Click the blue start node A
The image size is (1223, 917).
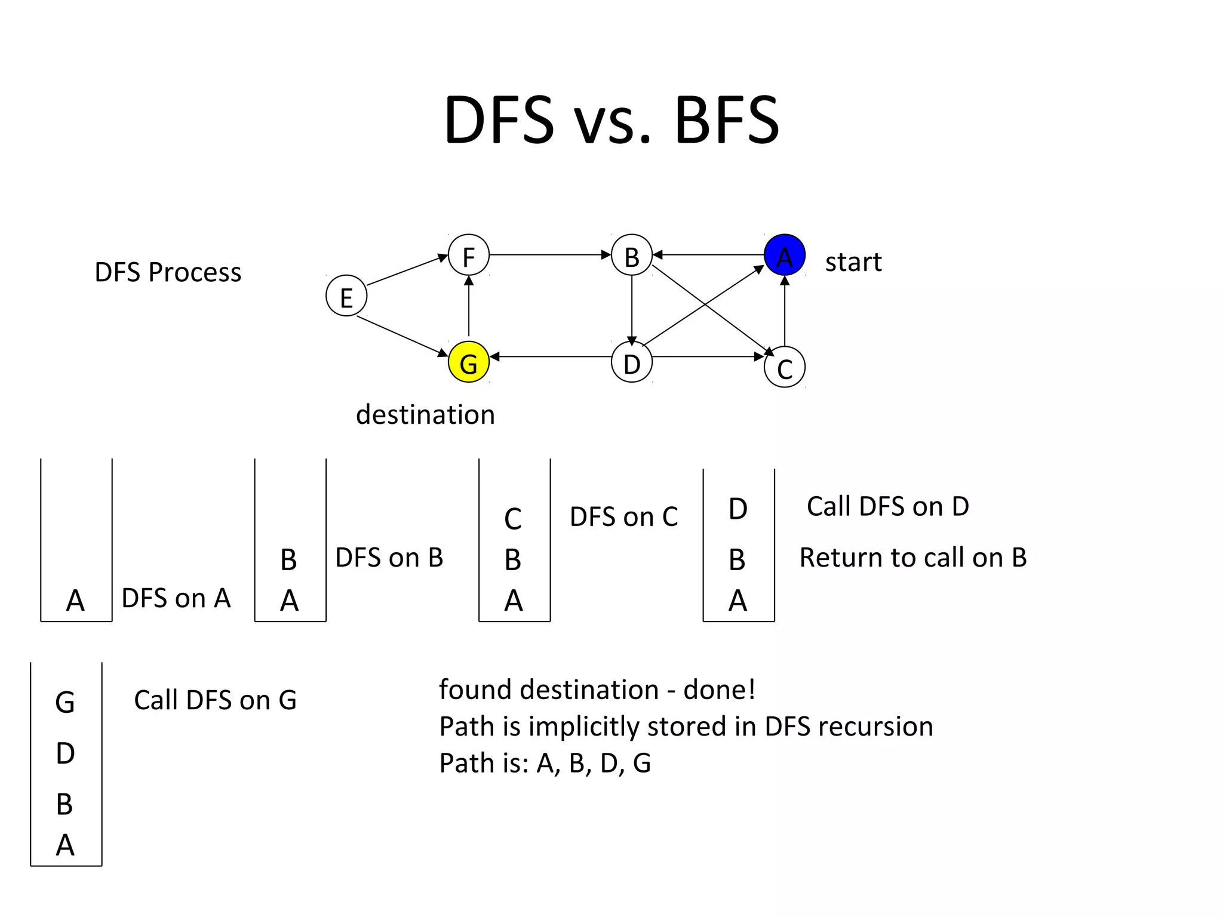(784, 256)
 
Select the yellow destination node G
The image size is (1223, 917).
(469, 362)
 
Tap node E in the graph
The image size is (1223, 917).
(346, 296)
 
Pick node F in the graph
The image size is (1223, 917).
(469, 256)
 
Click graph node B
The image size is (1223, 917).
(632, 256)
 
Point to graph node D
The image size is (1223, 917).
(632, 362)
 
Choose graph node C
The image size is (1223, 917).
(784, 367)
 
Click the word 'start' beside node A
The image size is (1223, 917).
(853, 263)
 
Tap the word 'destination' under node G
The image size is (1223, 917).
(425, 414)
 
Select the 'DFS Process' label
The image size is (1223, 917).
(168, 272)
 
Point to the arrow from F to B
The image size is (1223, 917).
(549, 255)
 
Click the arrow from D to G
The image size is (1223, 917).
(549, 357)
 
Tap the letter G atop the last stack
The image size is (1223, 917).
(65, 702)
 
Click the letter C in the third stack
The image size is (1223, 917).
(513, 519)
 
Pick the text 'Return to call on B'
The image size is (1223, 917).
(912, 558)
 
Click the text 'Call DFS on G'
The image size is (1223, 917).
(215, 700)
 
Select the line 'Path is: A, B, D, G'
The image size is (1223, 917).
(545, 763)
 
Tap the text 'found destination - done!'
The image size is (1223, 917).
(597, 690)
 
